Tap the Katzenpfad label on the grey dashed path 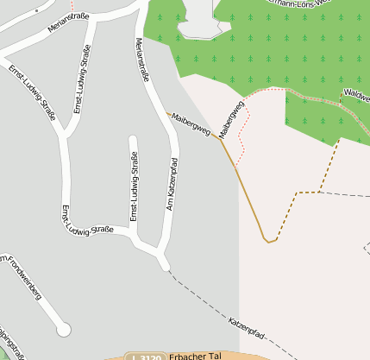pos(246,327)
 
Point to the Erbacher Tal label pos(197,355)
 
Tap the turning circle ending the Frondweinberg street pos(62,329)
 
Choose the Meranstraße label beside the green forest pos(142,60)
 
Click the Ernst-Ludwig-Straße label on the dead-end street pos(134,186)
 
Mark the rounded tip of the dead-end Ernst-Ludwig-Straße pos(133,139)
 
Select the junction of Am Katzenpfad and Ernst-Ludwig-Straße pos(161,256)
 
